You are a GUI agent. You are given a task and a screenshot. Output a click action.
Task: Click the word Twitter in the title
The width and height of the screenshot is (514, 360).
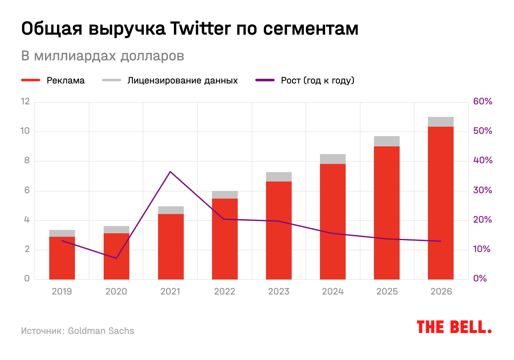(195, 29)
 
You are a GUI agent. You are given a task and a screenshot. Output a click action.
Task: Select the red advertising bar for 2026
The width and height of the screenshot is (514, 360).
(440, 203)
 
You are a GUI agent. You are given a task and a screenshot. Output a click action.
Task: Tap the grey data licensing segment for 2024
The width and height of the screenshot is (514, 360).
(332, 159)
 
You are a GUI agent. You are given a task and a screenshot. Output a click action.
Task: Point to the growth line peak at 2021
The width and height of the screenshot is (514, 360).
(170, 172)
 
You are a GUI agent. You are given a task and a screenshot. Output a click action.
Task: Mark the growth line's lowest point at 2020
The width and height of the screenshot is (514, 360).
(116, 258)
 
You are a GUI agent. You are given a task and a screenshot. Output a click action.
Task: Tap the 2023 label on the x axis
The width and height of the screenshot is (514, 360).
(278, 292)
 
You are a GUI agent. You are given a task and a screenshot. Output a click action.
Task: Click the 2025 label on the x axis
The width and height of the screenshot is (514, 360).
(387, 292)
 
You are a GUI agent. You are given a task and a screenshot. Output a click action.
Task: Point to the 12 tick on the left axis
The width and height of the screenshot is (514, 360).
(26, 102)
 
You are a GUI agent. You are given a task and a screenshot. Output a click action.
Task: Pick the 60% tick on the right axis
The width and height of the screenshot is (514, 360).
(483, 102)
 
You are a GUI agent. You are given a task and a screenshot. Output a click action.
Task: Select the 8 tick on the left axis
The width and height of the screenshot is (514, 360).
(27, 161)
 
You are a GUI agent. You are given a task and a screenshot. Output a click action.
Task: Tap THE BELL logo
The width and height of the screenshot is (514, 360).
(454, 327)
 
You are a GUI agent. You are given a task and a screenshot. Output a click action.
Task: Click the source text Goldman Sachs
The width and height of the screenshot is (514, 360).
(101, 331)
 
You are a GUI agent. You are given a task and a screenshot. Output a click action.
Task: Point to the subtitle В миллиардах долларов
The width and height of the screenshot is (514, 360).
(103, 56)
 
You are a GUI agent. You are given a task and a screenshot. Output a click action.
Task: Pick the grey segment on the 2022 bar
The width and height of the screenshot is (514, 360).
(224, 195)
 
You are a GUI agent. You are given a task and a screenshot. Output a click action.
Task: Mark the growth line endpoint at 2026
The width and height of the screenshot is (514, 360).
(440, 241)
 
